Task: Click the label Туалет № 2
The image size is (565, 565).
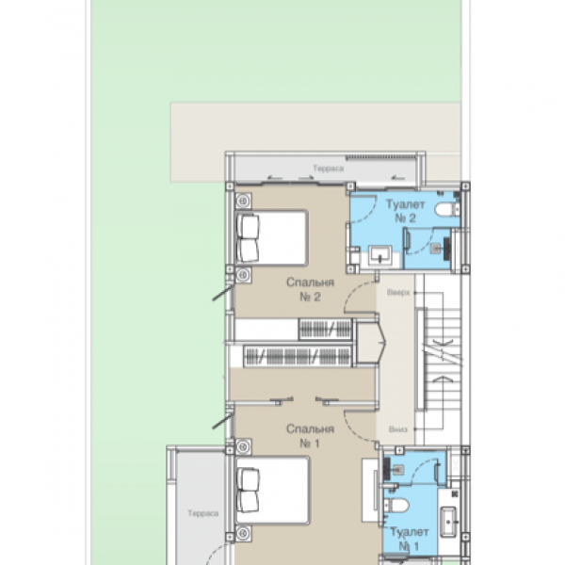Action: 405,211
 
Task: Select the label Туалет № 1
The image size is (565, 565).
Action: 407,539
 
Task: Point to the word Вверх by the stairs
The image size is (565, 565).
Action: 398,293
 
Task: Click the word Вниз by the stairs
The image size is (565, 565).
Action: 398,429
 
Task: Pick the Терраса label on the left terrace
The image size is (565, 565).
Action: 202,514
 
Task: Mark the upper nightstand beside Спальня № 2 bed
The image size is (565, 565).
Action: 243,200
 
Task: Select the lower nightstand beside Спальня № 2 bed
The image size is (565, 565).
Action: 243,274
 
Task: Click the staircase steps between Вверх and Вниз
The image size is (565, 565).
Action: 437,358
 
